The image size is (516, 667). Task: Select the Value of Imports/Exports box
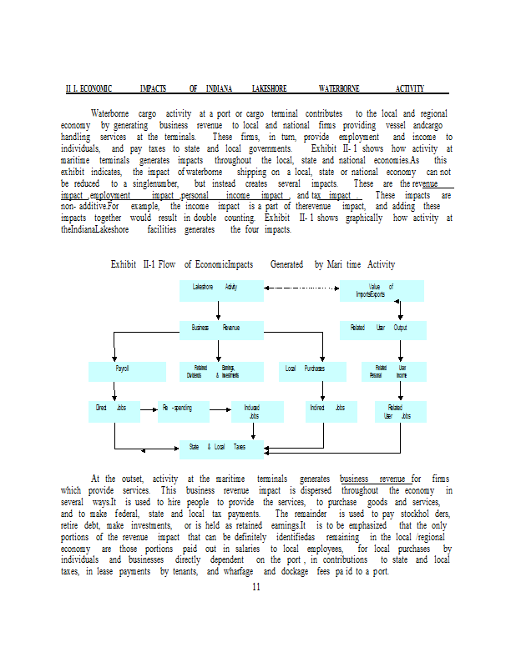(382, 290)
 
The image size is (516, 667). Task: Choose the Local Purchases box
(305, 369)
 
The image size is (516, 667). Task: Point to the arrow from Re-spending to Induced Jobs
(219, 409)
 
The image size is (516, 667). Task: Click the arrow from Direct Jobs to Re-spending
(149, 409)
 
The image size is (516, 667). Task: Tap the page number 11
(256, 587)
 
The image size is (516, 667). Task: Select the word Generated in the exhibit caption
(287, 264)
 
